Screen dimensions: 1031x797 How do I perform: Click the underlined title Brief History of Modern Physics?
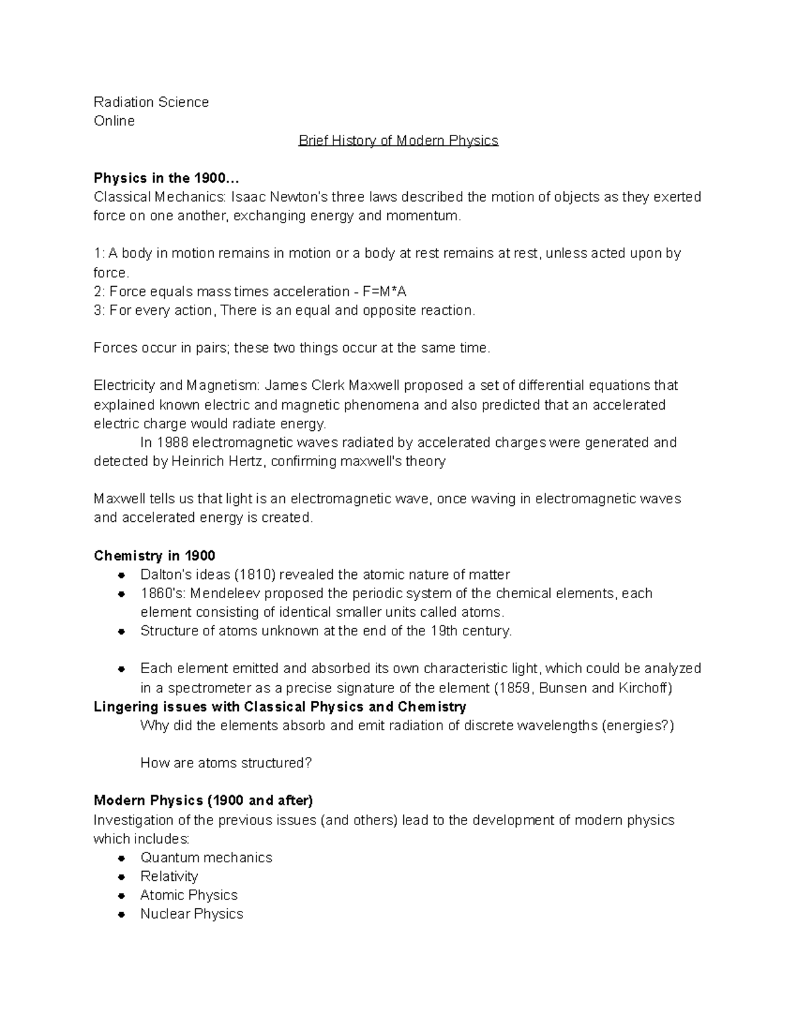(398, 141)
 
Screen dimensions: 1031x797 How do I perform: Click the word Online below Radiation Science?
(114, 121)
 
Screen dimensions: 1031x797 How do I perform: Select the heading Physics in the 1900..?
(165, 178)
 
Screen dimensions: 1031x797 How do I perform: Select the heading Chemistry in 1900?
(154, 556)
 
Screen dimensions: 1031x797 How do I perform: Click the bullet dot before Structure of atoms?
(122, 631)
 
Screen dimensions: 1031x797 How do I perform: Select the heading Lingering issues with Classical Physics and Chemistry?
(280, 706)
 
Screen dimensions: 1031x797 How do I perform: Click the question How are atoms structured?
(226, 763)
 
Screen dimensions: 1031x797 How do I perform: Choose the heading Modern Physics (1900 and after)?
(203, 801)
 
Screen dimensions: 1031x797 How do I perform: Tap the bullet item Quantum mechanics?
(206, 858)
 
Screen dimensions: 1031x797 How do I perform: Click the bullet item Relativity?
(169, 876)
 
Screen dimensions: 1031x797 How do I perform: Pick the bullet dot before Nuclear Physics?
(122, 914)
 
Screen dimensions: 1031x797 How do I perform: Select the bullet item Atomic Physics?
(189, 895)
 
